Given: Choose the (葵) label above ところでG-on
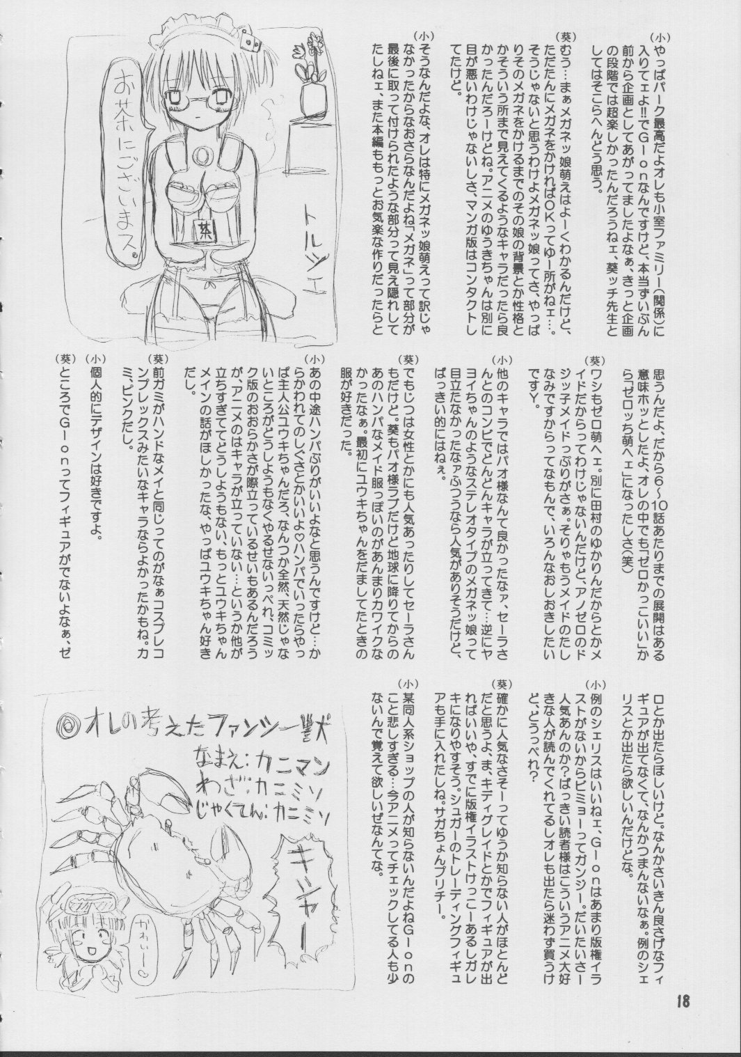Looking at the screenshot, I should click(x=61, y=358).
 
